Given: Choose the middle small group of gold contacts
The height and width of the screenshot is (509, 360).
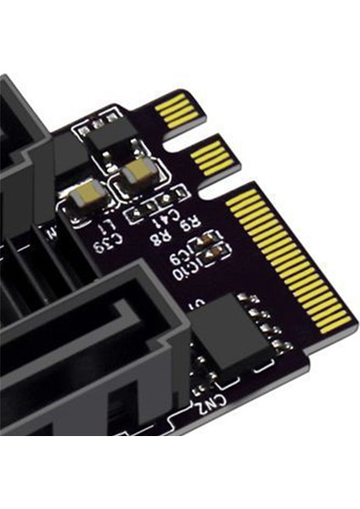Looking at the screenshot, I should point(211,157).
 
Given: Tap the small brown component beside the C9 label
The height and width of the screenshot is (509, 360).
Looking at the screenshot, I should point(205,242).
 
